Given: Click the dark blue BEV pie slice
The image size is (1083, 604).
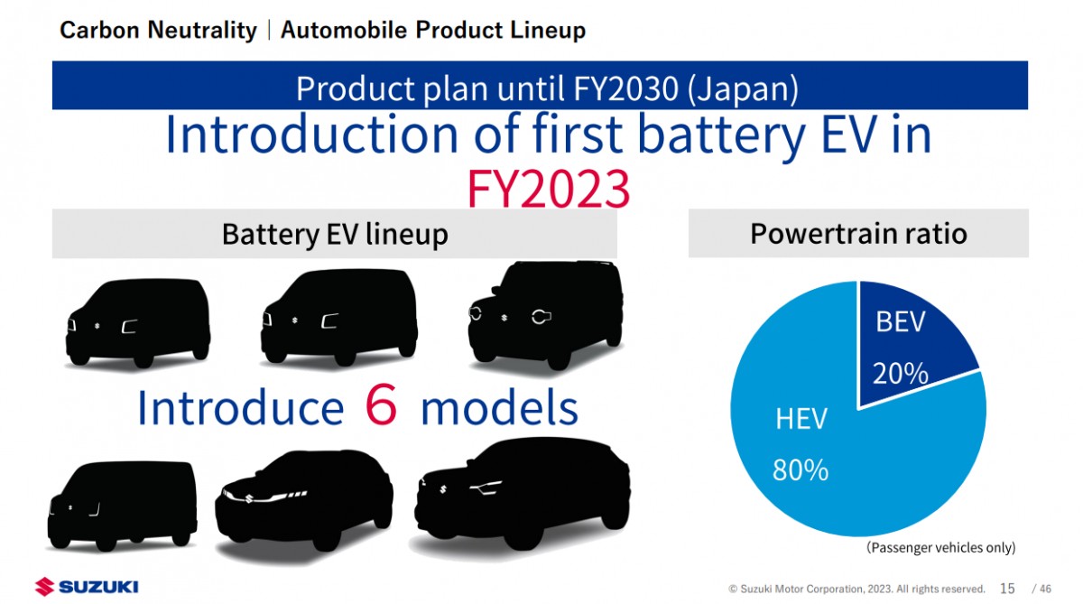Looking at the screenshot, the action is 909,339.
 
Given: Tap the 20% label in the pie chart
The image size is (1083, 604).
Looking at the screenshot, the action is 901,374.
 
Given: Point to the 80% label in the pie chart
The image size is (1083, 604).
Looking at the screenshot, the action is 801,469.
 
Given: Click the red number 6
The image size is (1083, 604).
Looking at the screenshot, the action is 381,405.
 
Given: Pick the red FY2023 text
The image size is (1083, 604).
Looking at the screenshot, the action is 549,189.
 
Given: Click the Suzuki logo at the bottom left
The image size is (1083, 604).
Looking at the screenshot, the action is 87,587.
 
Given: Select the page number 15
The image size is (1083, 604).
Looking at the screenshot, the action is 1007,589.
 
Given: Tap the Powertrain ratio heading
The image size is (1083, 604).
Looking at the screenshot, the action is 858,234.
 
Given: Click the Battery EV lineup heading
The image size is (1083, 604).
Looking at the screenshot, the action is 335,235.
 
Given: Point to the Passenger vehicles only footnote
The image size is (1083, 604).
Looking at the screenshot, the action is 940,547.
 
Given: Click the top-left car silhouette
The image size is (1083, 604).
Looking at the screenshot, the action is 138,322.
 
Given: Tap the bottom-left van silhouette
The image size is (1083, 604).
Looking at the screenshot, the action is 123,506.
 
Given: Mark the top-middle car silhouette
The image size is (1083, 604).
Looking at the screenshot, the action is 339,317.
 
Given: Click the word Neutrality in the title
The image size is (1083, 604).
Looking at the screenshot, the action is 202,30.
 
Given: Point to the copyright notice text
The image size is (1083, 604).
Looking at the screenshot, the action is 856,589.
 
